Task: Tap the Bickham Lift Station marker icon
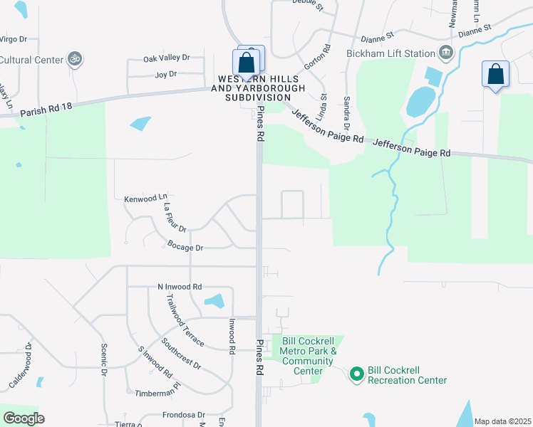[446, 52]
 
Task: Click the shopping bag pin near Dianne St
[495, 74]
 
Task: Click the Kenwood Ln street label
[145, 199]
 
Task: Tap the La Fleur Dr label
[175, 218]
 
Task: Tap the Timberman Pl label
[150, 392]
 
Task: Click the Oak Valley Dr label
[167, 58]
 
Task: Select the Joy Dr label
[165, 73]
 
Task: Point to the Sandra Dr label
[347, 113]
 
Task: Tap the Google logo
[24, 418]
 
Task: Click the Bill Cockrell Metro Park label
[308, 352]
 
